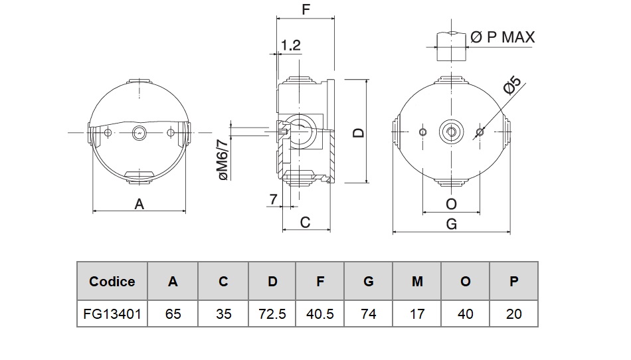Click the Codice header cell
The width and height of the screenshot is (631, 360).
point(112,282)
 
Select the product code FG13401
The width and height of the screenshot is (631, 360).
point(112,313)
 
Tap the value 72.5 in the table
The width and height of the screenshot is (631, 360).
point(272,313)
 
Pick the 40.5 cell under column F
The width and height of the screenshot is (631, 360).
point(320,313)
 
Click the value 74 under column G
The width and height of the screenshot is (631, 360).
point(368,313)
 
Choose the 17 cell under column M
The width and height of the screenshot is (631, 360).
point(417,313)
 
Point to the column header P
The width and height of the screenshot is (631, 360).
point(513,282)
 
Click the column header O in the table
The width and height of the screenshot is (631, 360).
point(465,282)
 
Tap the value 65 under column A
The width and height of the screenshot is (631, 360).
point(173,313)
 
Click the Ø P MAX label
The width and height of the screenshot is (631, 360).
point(502,37)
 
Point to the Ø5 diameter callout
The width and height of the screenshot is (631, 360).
point(513,87)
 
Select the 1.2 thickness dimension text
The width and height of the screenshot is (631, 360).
point(291,45)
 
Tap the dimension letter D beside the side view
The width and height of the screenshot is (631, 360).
point(359,132)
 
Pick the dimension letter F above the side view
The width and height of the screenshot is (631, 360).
point(306,10)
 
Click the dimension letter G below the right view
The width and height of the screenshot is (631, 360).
point(452,224)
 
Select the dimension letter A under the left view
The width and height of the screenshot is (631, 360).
point(139,204)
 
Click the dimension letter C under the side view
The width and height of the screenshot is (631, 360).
point(305,222)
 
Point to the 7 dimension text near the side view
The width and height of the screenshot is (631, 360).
point(273,199)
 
